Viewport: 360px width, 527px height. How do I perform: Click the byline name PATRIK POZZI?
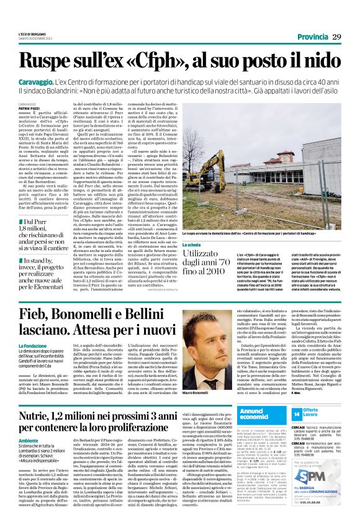tap(29, 108)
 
